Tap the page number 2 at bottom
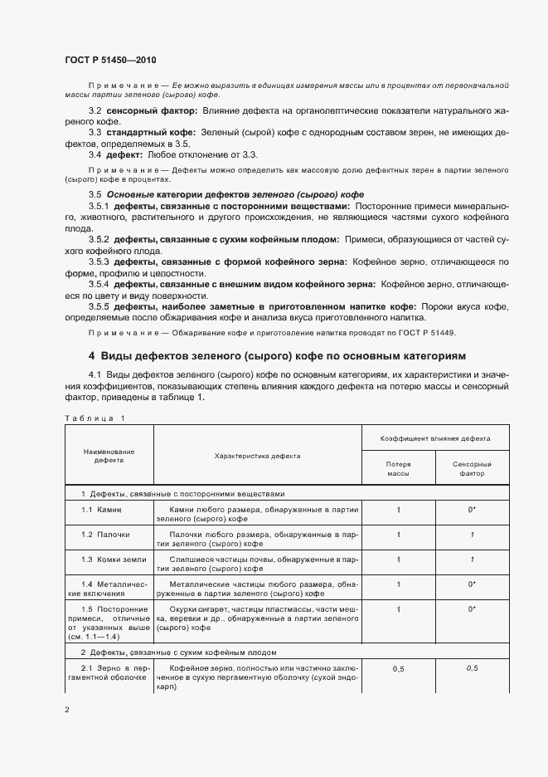pyautogui.click(x=67, y=710)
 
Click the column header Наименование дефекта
pyautogui.click(x=109, y=456)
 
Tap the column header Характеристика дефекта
pyautogui.click(x=257, y=456)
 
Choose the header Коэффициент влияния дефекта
pyautogui.click(x=434, y=437)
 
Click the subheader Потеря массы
pyautogui.click(x=399, y=469)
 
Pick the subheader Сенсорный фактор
pyautogui.click(x=472, y=469)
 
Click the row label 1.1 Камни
pyautogui.click(x=102, y=509)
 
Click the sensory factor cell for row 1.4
pyautogui.click(x=472, y=584)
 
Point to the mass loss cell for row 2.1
pyautogui.click(x=399, y=667)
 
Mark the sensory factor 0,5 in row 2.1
pyautogui.click(x=472, y=667)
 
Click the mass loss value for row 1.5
pyautogui.click(x=399, y=608)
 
